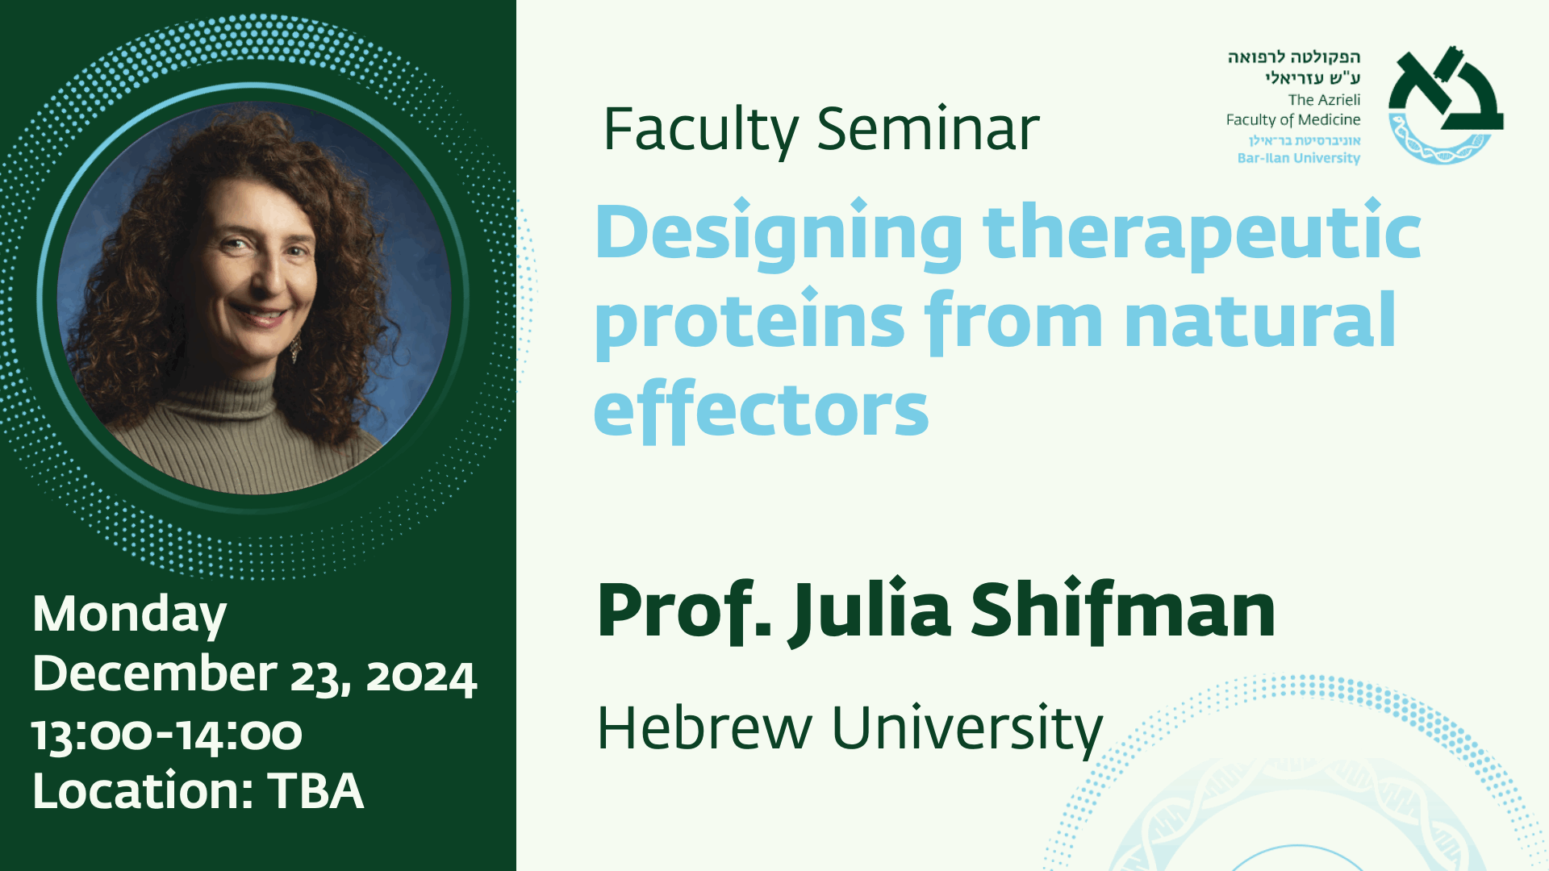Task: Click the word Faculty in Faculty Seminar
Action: click(701, 130)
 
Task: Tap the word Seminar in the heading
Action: click(929, 128)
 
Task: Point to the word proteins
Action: click(749, 322)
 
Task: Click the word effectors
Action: click(761, 409)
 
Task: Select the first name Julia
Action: click(870, 611)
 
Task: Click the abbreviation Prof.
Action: click(684, 611)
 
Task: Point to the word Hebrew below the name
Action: click(704, 728)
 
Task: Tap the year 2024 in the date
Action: click(422, 677)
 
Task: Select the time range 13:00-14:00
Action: click(167, 735)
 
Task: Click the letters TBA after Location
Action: click(315, 790)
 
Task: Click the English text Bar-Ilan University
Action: click(1299, 158)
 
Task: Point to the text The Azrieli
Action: click(1324, 100)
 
